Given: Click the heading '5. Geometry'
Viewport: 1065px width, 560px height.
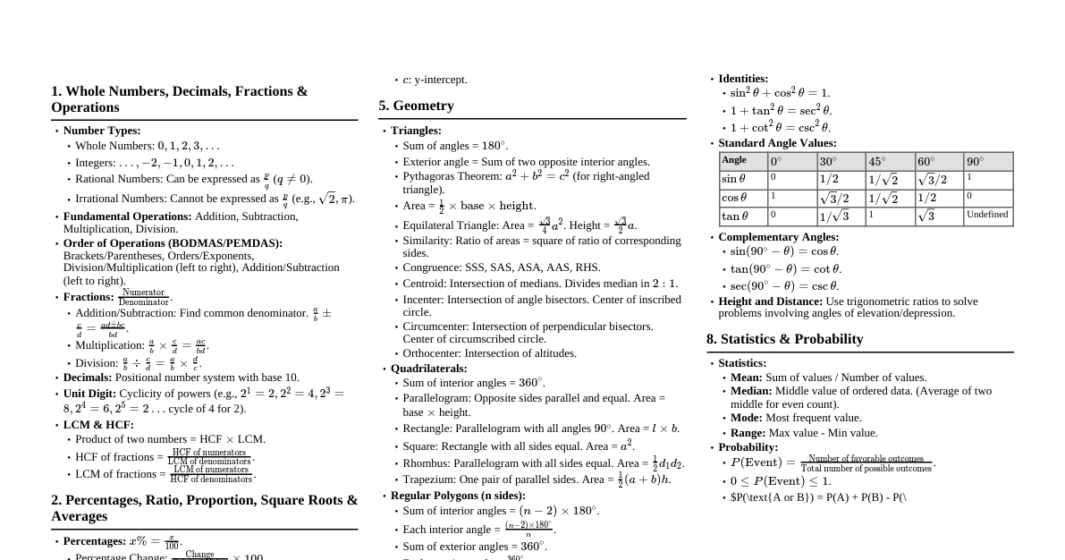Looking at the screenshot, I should (x=416, y=106).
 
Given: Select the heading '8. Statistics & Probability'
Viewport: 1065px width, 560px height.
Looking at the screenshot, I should (x=784, y=339).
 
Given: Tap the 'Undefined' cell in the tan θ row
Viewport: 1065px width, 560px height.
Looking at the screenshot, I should (x=987, y=215).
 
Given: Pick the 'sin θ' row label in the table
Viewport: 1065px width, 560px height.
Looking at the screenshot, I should (x=734, y=179).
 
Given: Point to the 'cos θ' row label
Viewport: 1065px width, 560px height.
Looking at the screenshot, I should (x=734, y=198).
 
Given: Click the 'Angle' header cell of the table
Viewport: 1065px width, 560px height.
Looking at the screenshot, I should (x=734, y=160).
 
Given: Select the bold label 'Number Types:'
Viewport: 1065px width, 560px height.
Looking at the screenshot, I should (x=102, y=131).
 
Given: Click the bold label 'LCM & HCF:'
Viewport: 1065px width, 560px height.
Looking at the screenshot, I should (x=98, y=425).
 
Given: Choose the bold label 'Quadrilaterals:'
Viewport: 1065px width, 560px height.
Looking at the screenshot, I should (x=428, y=369).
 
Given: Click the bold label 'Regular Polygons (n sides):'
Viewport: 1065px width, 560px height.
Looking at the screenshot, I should (x=458, y=496).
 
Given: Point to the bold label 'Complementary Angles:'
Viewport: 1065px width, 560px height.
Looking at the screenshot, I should (x=778, y=237).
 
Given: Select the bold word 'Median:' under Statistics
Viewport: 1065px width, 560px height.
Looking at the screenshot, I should (x=751, y=391).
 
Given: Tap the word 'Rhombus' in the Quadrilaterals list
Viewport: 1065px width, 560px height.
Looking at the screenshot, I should (x=426, y=463).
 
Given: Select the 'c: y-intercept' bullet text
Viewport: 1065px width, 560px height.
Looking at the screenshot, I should (x=435, y=80).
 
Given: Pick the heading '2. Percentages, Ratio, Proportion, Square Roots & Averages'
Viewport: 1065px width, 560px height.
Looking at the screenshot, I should (x=204, y=508).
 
